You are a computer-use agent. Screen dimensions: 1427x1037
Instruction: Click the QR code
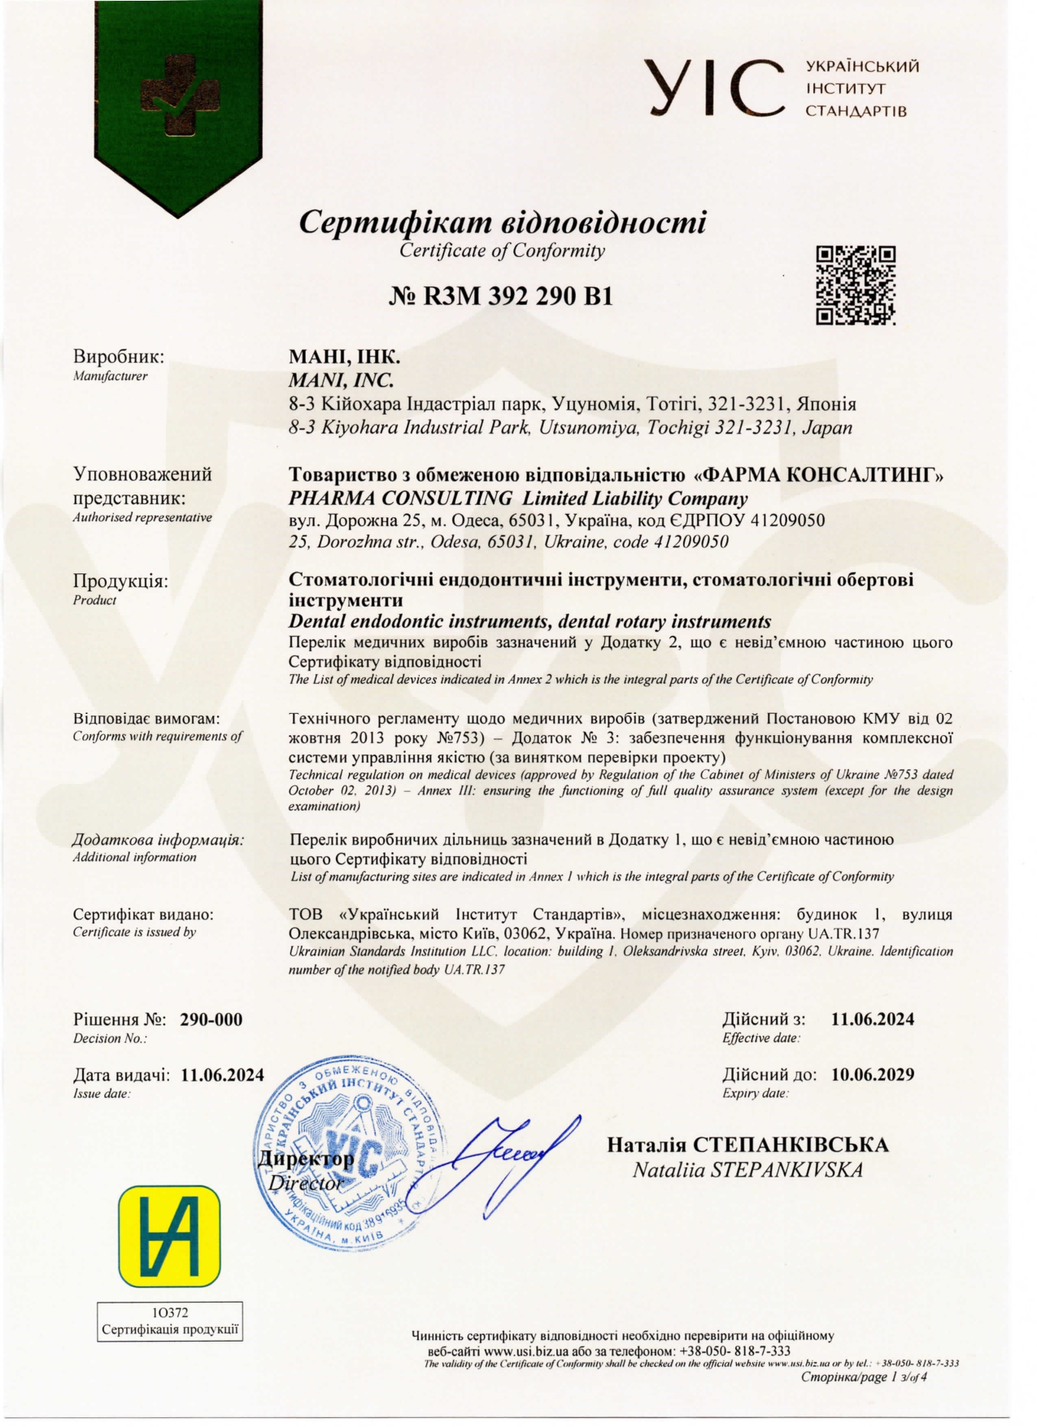[856, 285]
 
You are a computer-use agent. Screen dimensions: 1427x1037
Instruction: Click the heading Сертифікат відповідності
[503, 222]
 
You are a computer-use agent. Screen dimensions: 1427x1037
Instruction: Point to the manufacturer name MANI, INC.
[342, 380]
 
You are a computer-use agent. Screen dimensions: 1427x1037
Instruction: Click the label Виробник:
[119, 356]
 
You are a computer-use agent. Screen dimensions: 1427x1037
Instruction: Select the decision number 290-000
[211, 1020]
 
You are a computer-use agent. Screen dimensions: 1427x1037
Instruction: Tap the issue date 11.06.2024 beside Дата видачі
[223, 1075]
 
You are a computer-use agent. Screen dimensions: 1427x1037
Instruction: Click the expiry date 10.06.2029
[873, 1074]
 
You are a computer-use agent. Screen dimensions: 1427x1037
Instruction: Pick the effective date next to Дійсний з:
[873, 1019]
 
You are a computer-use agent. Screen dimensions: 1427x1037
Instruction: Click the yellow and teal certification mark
[169, 1237]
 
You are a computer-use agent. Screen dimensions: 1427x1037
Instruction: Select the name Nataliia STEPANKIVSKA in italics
[747, 1170]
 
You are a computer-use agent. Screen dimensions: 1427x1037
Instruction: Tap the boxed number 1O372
[170, 1312]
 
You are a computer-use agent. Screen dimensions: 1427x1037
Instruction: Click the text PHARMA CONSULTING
[401, 498]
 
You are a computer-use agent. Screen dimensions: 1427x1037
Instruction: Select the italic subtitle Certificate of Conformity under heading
[502, 250]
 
